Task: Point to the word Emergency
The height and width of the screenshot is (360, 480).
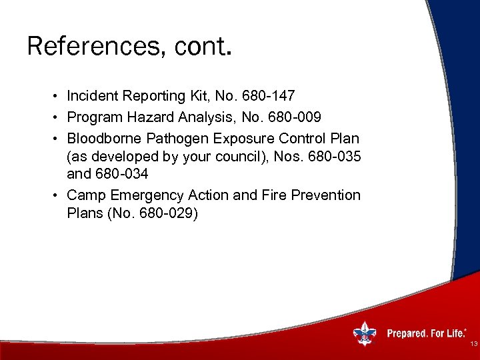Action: coord(140,195)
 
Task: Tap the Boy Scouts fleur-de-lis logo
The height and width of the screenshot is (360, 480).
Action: coord(363,333)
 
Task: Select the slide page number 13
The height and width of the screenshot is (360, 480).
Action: coord(473,344)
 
